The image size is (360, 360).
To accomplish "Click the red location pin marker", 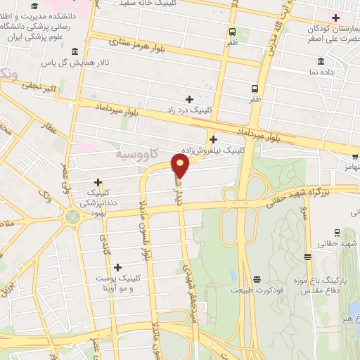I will (x=181, y=166).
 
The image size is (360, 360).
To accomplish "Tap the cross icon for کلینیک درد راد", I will (x=189, y=98).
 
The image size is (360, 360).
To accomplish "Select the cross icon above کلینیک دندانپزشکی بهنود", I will (x=98, y=182).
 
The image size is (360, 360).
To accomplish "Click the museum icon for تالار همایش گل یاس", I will (x=75, y=51).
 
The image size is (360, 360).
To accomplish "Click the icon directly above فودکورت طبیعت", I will (x=257, y=279).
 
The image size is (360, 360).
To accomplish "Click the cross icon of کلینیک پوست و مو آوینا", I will (x=117, y=266).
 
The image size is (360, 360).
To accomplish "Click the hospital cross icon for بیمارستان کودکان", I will (x=336, y=17).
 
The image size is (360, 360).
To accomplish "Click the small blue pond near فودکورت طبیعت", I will (x=233, y=276).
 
